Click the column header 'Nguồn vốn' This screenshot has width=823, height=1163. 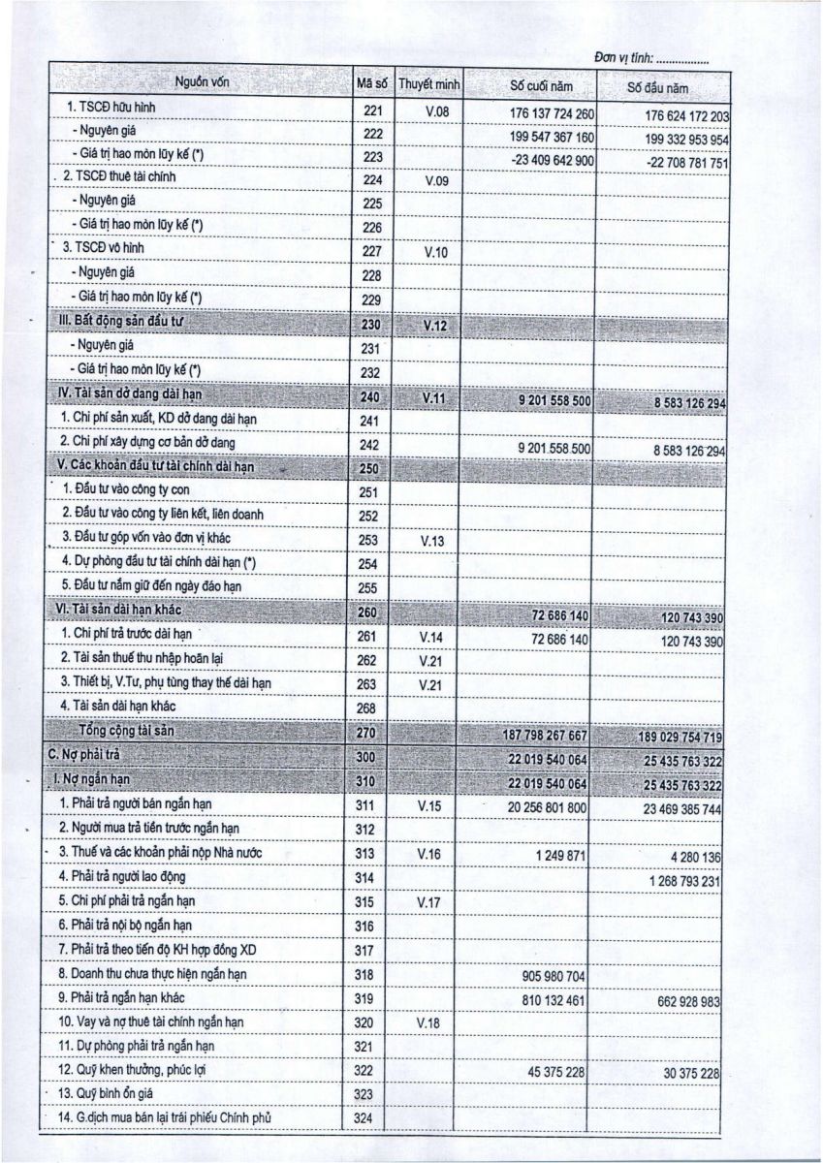tap(202, 84)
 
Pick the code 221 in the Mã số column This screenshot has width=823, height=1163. tap(372, 110)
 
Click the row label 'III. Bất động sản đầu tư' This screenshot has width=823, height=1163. tap(129, 323)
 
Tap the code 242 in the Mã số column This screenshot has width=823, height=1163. tap(372, 443)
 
